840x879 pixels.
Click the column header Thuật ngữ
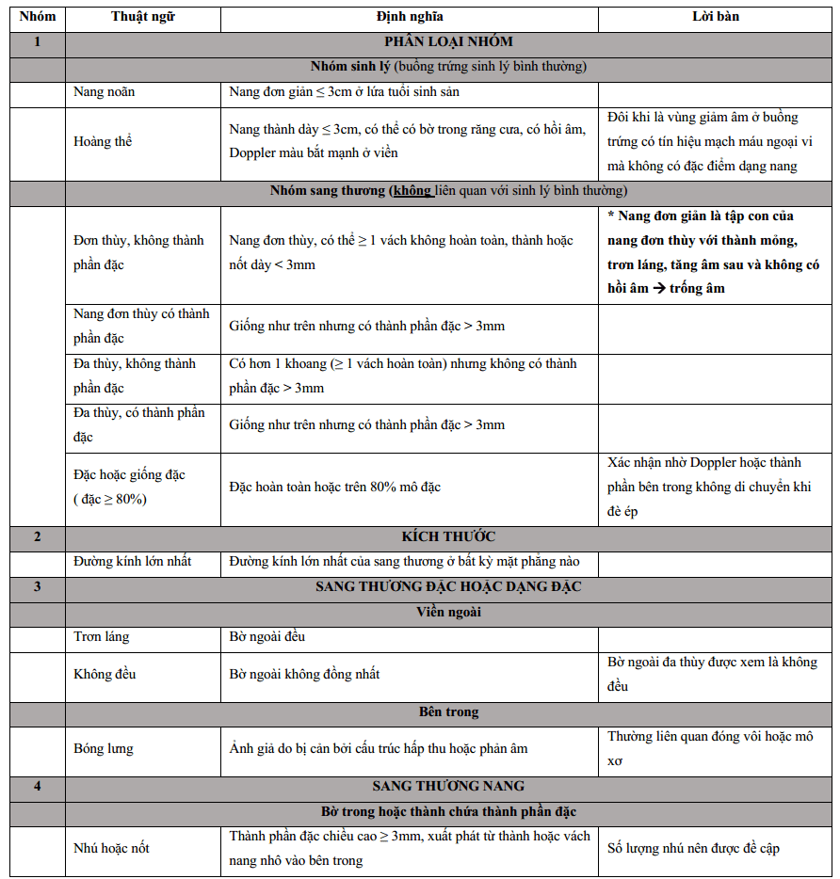[142, 17]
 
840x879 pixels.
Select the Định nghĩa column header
[409, 17]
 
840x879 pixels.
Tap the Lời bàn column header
[715, 17]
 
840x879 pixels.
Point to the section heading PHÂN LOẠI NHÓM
[448, 41]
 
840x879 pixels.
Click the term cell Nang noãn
[105, 91]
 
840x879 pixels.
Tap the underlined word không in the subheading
[412, 191]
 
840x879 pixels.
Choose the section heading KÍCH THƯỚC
[448, 536]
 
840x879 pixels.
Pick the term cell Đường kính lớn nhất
[133, 562]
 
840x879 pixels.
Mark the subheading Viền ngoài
[448, 612]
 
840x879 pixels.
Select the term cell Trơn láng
[102, 637]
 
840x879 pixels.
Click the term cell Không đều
[102, 674]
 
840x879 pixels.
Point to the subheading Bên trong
[448, 712]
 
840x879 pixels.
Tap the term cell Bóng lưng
[103, 749]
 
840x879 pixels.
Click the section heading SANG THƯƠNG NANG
[448, 786]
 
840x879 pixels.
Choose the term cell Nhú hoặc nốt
[111, 848]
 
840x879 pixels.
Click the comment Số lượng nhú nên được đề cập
[693, 848]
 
